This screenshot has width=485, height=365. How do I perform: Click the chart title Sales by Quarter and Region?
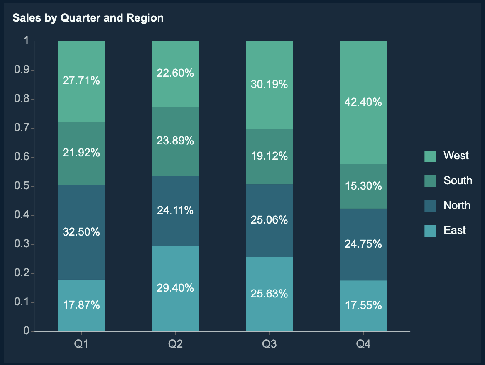pos(88,18)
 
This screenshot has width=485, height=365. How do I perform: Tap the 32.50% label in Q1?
pos(81,232)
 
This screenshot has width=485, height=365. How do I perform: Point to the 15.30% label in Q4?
pos(363,186)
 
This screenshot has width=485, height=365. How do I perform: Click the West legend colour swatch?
pos(430,156)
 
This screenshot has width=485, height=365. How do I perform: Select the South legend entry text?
pos(458,180)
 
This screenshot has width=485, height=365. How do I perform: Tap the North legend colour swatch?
pos(430,206)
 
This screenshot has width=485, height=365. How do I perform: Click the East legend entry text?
pos(455,230)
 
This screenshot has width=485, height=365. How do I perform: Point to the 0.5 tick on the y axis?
pos(22,186)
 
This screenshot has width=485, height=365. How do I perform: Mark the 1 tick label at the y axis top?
pos(27,41)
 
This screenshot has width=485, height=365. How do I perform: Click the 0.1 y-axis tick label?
pos(22,302)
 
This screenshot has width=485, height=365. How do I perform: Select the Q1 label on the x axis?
pos(81,344)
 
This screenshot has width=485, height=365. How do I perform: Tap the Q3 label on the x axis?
pos(269,344)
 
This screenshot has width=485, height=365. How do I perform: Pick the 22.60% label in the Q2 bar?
pos(175,73)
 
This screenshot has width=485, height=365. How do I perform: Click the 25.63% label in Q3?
pos(269,294)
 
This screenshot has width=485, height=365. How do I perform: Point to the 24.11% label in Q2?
pos(175,210)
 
